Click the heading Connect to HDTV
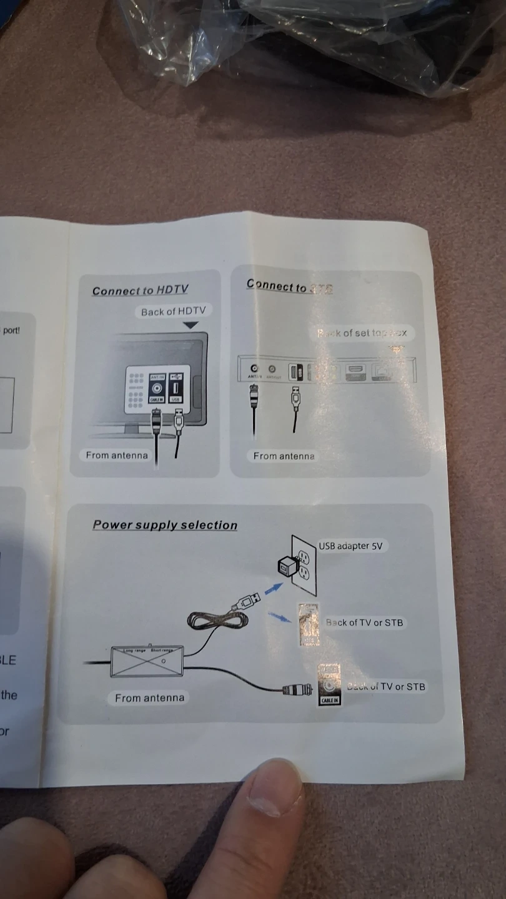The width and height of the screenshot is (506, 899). (140, 290)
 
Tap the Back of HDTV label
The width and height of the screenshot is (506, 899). (173, 311)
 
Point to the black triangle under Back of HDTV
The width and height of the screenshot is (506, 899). (191, 325)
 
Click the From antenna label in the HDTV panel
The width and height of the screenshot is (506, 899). (117, 455)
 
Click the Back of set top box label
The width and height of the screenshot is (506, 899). (362, 333)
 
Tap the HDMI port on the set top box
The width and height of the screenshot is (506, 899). (355, 371)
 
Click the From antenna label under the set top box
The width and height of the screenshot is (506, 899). (284, 456)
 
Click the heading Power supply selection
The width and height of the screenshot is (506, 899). (165, 525)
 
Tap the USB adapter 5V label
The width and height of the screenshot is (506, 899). (350, 546)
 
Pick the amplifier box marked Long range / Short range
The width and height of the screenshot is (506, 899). (147, 661)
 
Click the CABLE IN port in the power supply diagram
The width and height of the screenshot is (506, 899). (329, 685)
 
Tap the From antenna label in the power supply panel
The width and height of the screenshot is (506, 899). (150, 698)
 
